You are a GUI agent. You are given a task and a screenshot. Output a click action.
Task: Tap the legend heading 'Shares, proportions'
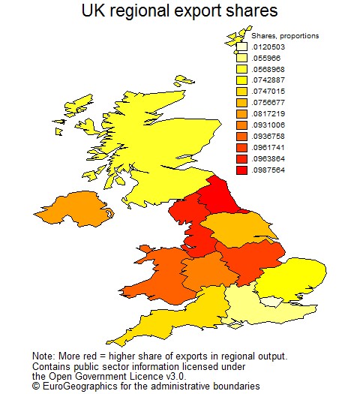[x=284, y=35]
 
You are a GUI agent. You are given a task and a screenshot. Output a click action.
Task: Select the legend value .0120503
[x=268, y=47]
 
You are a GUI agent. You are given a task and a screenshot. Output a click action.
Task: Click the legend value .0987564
[x=268, y=170]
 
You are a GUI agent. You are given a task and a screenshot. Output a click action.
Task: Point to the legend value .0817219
[x=268, y=113]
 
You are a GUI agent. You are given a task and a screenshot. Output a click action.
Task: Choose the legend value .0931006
[x=268, y=125]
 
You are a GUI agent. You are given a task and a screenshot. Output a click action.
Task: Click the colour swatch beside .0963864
[x=241, y=158]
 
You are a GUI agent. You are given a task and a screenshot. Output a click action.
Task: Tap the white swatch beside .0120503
[x=241, y=47]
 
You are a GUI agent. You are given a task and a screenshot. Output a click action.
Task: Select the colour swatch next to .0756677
[x=241, y=102]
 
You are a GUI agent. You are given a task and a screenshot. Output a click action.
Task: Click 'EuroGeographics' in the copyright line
[x=78, y=385]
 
